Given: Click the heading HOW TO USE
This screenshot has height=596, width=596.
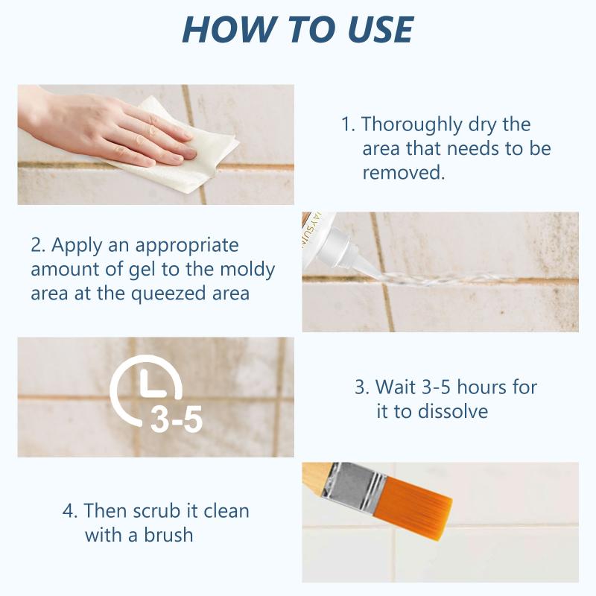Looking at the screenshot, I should point(298,29).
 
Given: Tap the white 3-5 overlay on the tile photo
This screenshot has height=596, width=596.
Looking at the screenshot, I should point(176,420).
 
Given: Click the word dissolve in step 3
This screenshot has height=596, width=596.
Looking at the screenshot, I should point(450,411).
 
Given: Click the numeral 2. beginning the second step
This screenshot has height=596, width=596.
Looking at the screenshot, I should point(38,245).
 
